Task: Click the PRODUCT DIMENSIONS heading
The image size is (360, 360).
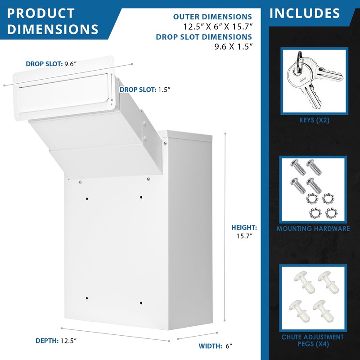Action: coord(53,21)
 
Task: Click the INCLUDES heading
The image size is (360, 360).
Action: coord(305,13)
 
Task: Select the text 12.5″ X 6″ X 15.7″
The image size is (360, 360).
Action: coord(217,26)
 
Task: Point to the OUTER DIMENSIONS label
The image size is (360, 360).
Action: coord(212,17)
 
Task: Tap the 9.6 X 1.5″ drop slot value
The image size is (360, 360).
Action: coord(227,46)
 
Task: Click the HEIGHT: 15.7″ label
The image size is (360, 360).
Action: coord(244,231)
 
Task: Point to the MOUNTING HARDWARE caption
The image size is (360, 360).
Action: coord(313,229)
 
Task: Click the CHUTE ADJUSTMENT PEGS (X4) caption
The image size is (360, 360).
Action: coord(313,341)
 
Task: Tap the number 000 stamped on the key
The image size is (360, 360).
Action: coord(302,79)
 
